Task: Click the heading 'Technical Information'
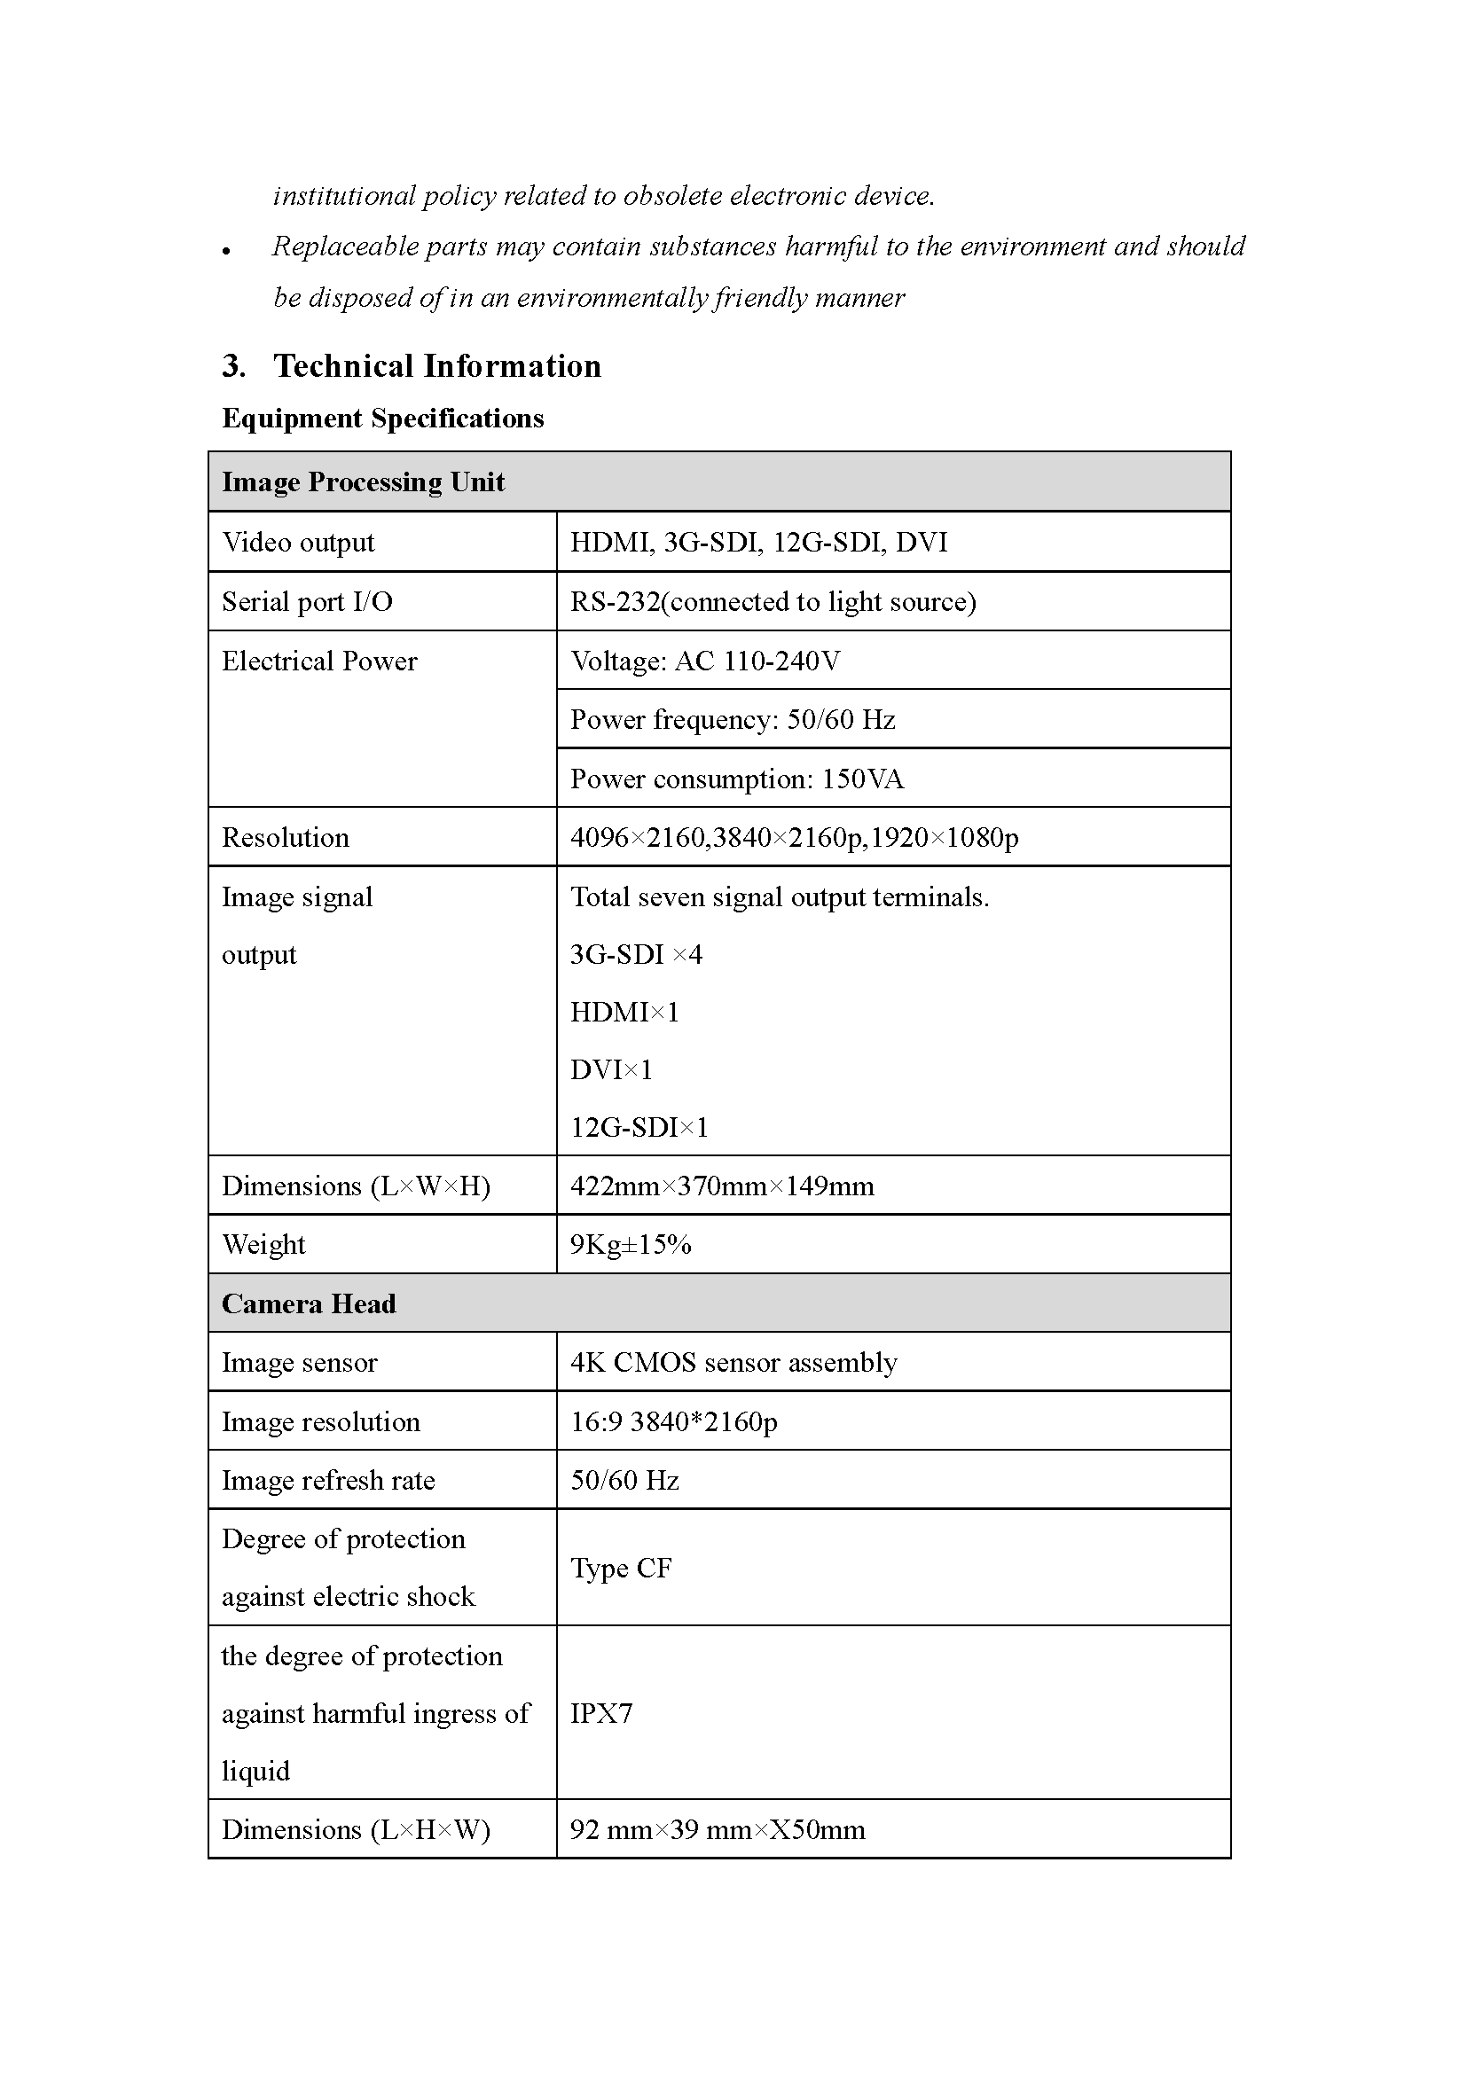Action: coord(437,366)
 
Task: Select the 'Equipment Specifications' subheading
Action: coord(383,419)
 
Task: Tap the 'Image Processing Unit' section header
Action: coord(363,482)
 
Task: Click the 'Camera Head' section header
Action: coord(309,1303)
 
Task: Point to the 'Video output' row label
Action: coord(298,542)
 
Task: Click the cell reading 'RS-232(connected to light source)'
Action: coord(773,601)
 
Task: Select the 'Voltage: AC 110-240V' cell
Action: coord(704,661)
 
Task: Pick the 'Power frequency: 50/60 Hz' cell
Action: coord(732,720)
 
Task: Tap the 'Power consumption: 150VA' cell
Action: coord(736,779)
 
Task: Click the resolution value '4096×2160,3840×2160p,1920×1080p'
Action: coord(794,837)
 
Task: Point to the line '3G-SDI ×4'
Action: coord(636,955)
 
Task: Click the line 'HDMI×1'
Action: coord(624,1013)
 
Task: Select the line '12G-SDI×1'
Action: coord(639,1127)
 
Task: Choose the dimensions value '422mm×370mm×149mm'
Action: coord(722,1186)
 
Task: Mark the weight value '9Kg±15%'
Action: coord(631,1245)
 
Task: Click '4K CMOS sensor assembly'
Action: coord(733,1362)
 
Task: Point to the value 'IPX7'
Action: coord(601,1713)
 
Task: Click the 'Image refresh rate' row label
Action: coord(328,1481)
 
